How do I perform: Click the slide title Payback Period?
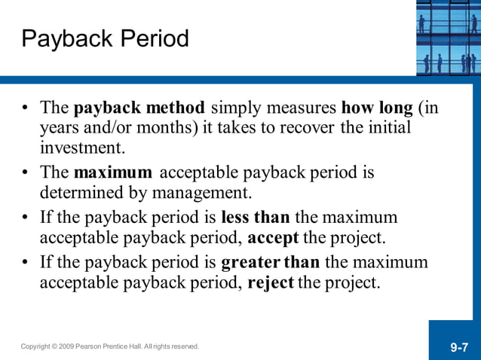tap(106, 39)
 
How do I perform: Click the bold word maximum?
tap(113, 173)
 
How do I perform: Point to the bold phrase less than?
tap(255, 218)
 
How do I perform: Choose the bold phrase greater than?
tap(270, 263)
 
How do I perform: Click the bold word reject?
tap(270, 283)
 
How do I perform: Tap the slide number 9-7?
tap(460, 347)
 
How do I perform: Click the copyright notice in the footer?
tap(110, 346)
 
